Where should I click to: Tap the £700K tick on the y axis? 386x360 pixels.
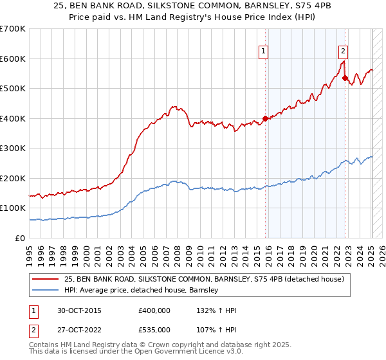[12, 29]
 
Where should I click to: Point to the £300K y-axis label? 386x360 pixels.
[12, 148]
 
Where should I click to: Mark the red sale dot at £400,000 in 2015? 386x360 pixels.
[265, 118]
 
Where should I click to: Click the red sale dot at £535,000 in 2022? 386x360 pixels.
[345, 78]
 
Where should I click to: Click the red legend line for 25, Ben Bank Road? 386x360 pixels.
[46, 280]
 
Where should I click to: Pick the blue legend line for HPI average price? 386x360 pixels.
[46, 291]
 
